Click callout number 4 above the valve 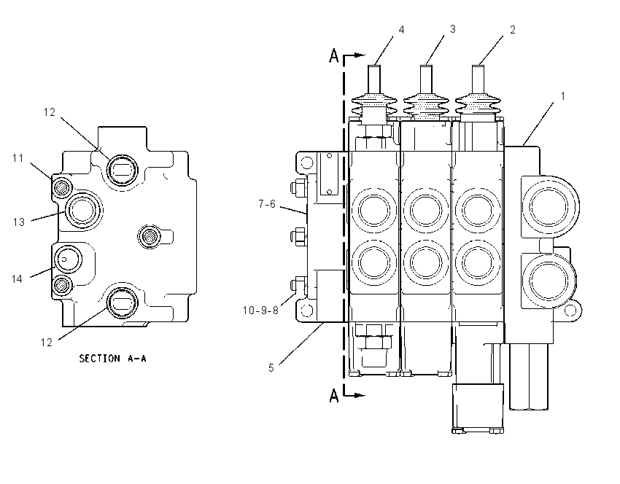coord(401,30)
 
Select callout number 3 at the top coord(453,29)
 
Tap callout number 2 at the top coord(513,30)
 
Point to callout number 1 coord(563,96)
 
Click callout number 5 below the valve coord(271,368)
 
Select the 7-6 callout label coord(267,204)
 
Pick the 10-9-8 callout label coord(260,311)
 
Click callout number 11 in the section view coord(18,158)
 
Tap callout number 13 coord(18,222)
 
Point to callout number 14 coord(17,279)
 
